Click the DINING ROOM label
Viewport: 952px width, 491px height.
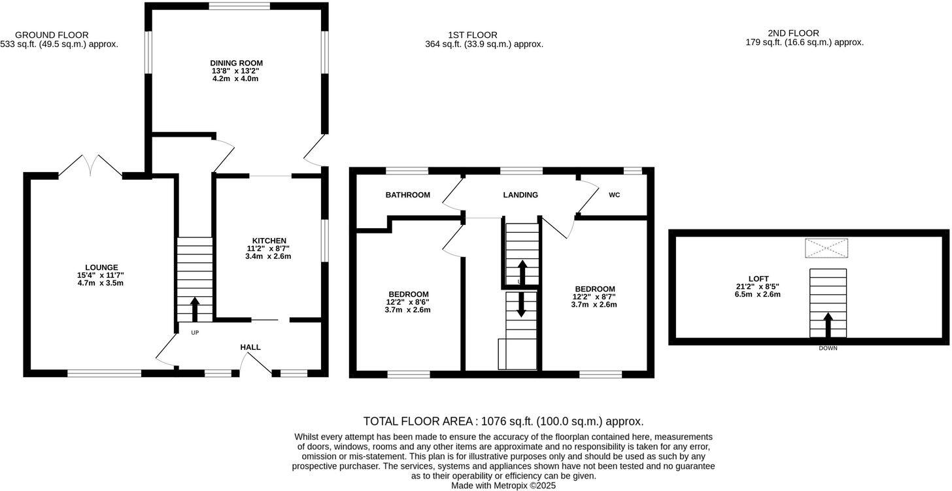[236, 63]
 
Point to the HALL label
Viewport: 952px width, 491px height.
[250, 347]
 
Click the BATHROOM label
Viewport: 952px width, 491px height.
[407, 195]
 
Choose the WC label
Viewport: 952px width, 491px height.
[614, 195]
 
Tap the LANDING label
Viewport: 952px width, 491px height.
[520, 195]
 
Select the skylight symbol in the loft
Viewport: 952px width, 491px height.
[826, 248]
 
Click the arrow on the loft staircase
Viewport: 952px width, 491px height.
[828, 324]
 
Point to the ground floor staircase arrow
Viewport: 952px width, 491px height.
[194, 309]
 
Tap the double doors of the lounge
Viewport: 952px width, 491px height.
[90, 166]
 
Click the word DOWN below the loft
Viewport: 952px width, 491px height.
[828, 348]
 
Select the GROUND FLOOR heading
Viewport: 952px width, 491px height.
[52, 35]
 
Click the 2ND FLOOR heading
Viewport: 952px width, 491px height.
[793, 33]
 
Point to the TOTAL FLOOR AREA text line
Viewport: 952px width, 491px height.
[503, 422]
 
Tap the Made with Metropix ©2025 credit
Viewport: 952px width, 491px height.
[503, 486]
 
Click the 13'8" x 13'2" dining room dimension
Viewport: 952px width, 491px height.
[236, 71]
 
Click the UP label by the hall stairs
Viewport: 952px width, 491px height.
[194, 333]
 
